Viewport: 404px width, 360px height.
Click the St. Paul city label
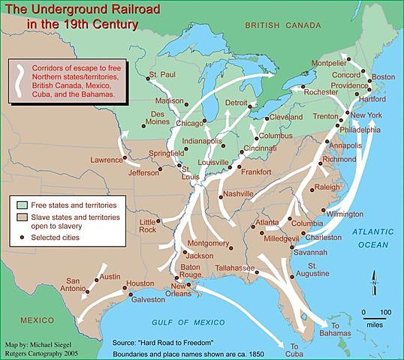click(x=161, y=75)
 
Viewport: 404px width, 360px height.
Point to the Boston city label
click(x=383, y=77)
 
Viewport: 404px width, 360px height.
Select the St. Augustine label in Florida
click(x=325, y=271)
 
